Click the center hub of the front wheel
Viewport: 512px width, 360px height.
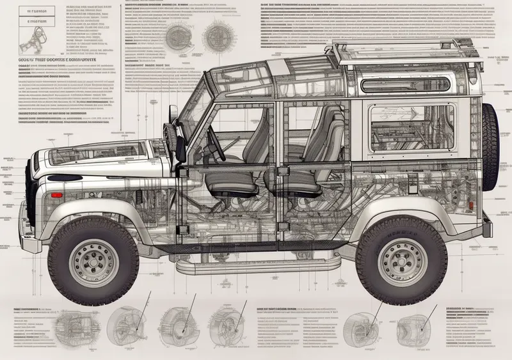point(93,263)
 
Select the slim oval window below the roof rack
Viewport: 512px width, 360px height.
point(406,86)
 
